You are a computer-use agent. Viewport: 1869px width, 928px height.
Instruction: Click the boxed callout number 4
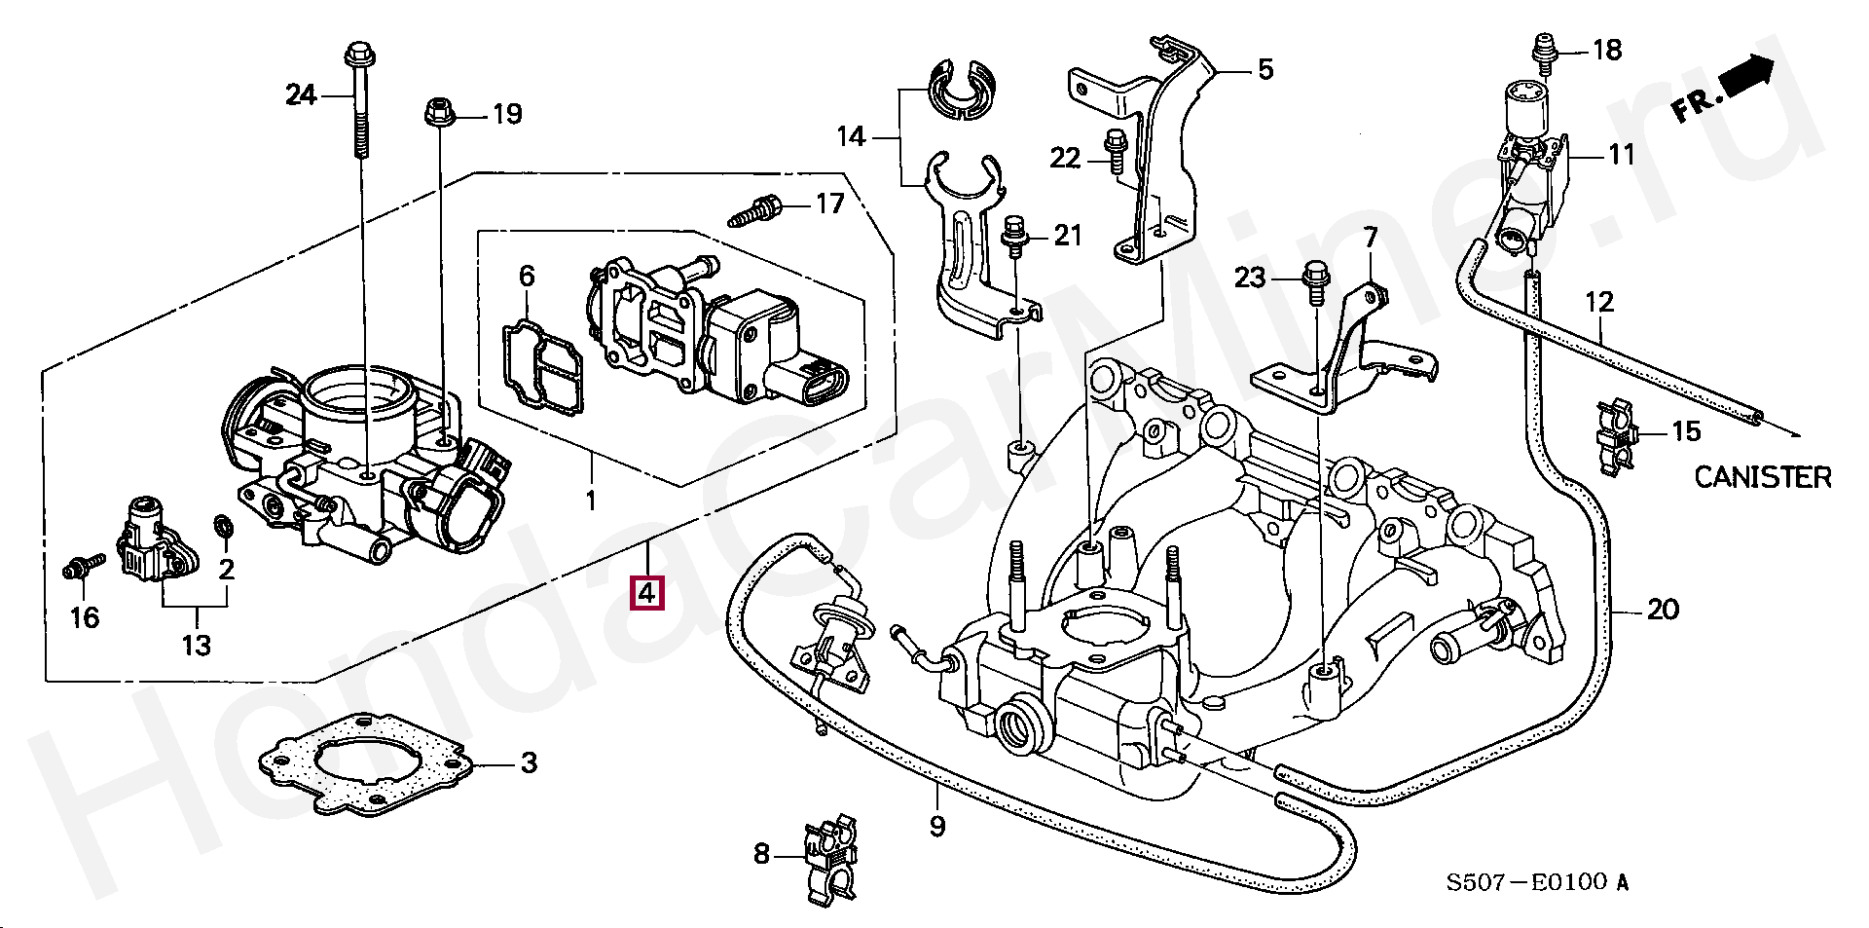pyautogui.click(x=647, y=591)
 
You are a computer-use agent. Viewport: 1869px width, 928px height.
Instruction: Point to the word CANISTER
pyautogui.click(x=1763, y=477)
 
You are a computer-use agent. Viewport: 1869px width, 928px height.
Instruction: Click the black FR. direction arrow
pyautogui.click(x=1746, y=76)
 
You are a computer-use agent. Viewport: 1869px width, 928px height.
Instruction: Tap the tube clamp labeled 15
pyautogui.click(x=1617, y=437)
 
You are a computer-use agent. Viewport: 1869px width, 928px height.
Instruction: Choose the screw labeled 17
pyautogui.click(x=755, y=210)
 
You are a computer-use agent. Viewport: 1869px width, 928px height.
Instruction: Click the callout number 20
pyautogui.click(x=1663, y=610)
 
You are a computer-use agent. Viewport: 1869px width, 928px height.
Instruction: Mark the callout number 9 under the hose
pyautogui.click(x=937, y=826)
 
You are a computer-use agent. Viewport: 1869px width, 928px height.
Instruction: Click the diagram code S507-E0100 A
pyautogui.click(x=1536, y=882)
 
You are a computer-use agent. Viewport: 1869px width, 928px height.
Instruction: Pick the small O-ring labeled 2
pyautogui.click(x=222, y=527)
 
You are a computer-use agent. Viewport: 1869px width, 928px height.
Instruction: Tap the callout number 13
pyautogui.click(x=197, y=645)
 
